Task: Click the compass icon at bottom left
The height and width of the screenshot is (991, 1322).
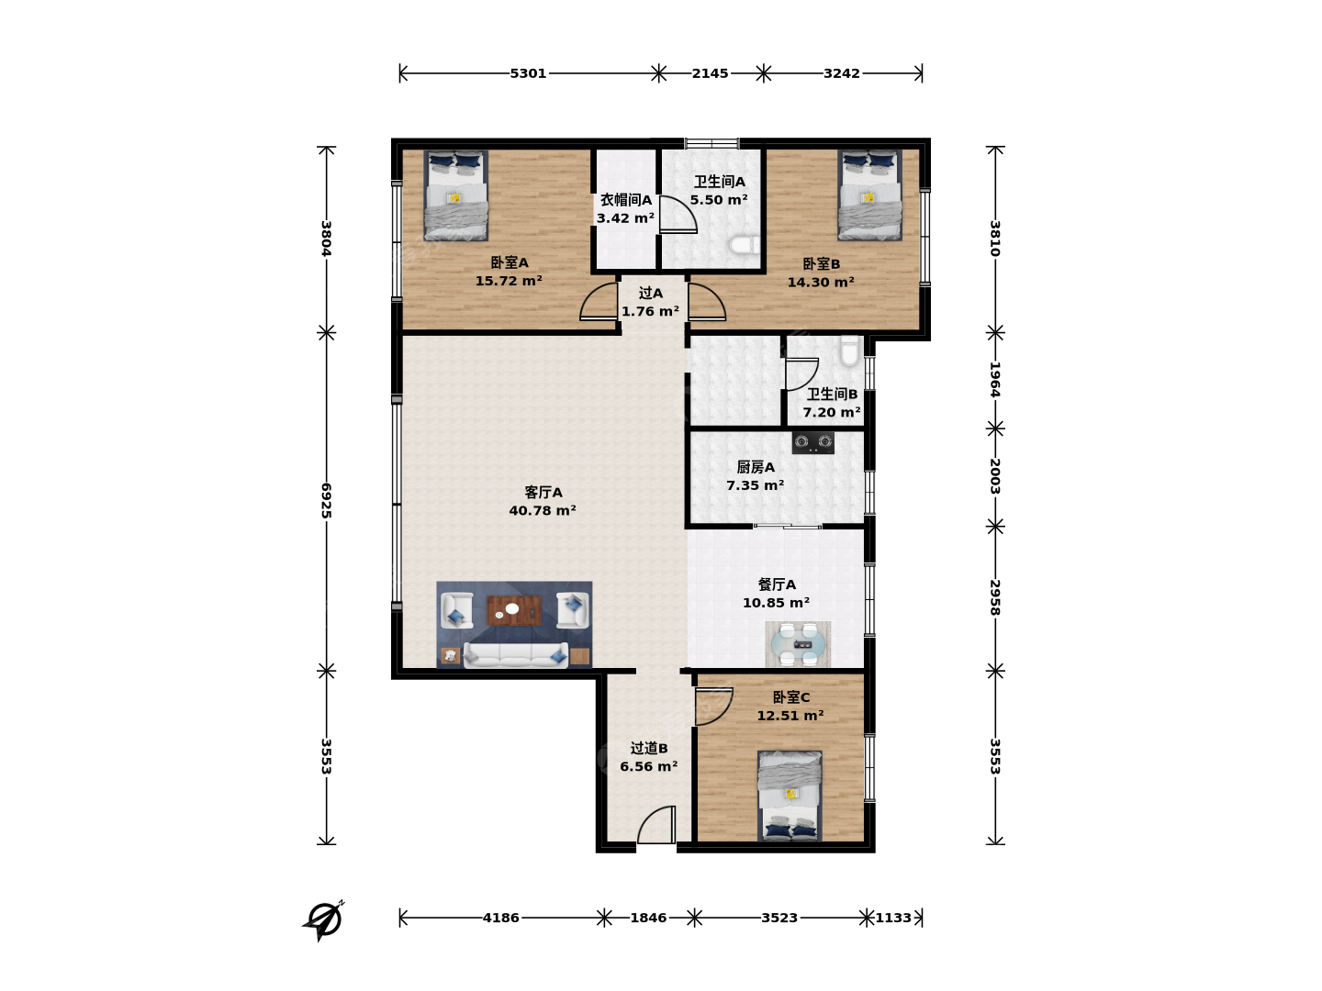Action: (323, 920)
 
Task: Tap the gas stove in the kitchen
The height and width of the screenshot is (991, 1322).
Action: (812, 443)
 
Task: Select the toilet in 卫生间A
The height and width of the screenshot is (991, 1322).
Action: (745, 245)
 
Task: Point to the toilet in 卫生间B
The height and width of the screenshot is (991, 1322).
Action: (849, 351)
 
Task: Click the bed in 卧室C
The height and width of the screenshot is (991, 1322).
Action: (790, 796)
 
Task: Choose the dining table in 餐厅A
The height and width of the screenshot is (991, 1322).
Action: (798, 644)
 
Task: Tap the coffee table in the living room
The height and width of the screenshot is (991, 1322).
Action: (514, 610)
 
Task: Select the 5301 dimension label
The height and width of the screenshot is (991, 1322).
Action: (528, 73)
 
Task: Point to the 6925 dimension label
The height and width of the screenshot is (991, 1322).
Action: (326, 500)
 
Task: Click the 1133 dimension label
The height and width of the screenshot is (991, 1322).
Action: (893, 918)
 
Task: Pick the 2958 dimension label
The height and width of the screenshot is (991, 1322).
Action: (995, 596)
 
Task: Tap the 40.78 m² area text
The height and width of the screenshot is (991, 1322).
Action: (543, 511)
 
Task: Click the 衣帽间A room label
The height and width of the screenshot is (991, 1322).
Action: (626, 200)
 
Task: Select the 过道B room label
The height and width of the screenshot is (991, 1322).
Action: (649, 748)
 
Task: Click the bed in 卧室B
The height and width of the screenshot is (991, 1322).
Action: (869, 195)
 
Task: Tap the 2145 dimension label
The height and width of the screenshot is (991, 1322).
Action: (710, 73)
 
